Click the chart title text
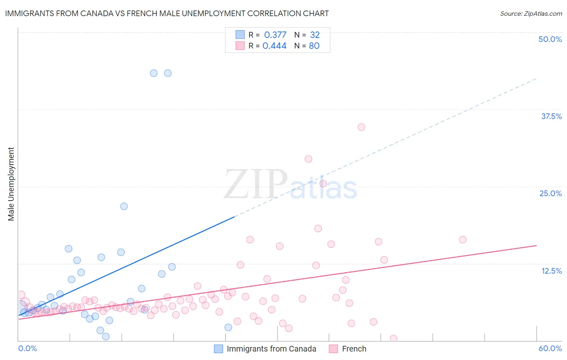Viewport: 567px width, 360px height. coord(167,13)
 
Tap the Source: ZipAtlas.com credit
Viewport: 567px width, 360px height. coord(531,13)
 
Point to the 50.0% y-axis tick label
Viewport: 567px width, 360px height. coord(550,39)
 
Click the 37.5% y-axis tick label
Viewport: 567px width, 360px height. coord(551,116)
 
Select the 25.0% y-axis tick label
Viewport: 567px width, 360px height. coord(550,193)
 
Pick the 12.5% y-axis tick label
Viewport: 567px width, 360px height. coord(551,271)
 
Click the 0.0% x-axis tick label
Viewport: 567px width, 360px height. coord(27,348)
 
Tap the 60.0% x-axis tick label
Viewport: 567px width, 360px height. coord(550,348)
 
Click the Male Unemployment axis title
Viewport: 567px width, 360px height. coord(11,184)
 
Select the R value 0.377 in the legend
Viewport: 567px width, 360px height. coord(275,35)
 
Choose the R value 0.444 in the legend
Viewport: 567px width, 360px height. coord(274,46)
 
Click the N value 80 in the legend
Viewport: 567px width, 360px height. coord(314,46)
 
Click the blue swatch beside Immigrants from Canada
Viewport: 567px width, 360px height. coord(219,349)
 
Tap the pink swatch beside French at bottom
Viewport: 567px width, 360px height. coord(333,349)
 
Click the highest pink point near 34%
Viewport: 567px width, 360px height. coord(361,127)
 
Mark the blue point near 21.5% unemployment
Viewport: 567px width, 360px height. coord(124,206)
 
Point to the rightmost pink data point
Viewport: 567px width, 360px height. coord(463,240)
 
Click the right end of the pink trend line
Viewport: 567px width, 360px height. coord(536,245)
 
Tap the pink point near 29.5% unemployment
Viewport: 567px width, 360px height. coord(309,159)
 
